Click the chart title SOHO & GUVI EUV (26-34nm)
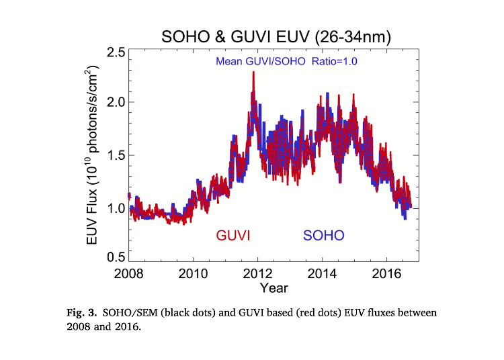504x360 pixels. pos(276,36)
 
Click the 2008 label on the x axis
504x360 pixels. pos(129,274)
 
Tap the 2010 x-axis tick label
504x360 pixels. pos(193,274)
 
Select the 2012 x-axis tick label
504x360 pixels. pos(257,274)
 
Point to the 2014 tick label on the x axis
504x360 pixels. pos(322,274)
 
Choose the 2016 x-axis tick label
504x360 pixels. pos(386,274)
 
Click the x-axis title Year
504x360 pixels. pos(274,288)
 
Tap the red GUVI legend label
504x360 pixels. pos(234,236)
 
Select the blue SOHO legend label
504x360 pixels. pos(323,236)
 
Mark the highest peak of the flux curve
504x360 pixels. pos(253,73)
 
